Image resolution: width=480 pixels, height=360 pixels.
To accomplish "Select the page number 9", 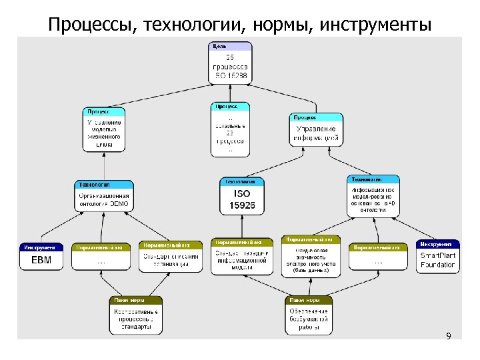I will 449,336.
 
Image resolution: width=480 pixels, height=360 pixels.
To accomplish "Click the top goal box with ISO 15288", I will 231,63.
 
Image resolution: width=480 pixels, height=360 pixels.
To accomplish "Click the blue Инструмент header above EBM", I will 41,247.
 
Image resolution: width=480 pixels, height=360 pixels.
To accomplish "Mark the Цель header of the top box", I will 231,45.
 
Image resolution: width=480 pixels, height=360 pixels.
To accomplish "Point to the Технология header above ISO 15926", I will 241,181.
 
